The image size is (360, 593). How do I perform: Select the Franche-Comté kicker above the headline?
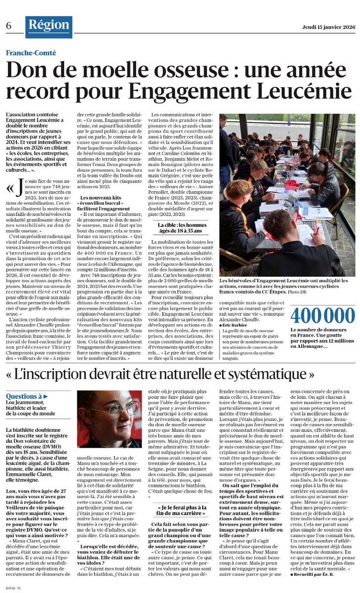(x=31, y=53)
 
